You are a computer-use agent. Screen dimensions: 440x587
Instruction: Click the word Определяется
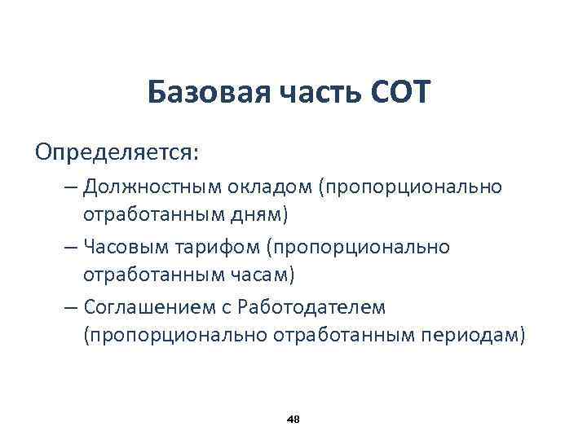[117, 152]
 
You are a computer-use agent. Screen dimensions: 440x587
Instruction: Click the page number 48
[294, 419]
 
